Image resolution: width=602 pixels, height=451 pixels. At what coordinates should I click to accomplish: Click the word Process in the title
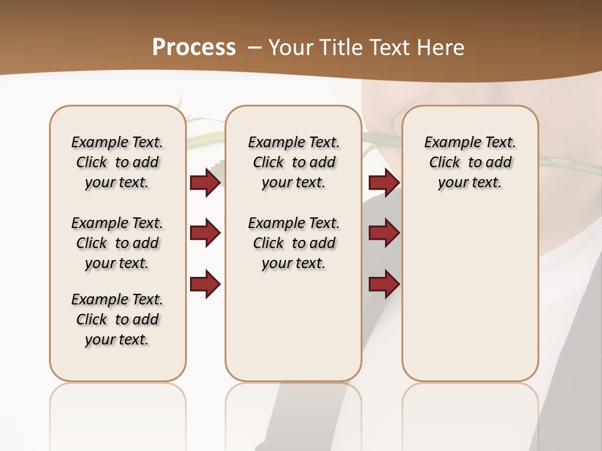194,47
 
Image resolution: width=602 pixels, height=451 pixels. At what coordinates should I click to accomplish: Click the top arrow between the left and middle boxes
205,182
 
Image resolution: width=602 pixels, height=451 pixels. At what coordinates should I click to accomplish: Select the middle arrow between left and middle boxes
205,233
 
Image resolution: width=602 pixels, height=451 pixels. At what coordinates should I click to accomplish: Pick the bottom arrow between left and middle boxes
205,284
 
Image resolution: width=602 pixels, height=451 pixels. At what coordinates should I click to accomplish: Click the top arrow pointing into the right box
384,182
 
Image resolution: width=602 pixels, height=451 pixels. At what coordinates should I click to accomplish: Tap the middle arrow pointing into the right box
384,233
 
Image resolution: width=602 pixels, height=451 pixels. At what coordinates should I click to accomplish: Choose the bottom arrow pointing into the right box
384,284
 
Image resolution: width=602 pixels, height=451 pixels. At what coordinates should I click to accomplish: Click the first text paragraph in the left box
117,162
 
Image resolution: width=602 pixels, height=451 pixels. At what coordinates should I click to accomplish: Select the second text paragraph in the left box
117,243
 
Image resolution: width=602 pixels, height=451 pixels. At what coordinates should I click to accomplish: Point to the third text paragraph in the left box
117,319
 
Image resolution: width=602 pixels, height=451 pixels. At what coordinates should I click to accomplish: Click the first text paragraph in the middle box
293,162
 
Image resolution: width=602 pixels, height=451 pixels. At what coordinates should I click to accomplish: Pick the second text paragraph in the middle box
293,243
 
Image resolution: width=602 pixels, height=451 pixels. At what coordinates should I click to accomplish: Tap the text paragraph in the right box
470,162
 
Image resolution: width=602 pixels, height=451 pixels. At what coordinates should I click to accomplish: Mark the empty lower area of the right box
470,294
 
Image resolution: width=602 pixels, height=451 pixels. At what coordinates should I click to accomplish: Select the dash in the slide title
255,47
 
